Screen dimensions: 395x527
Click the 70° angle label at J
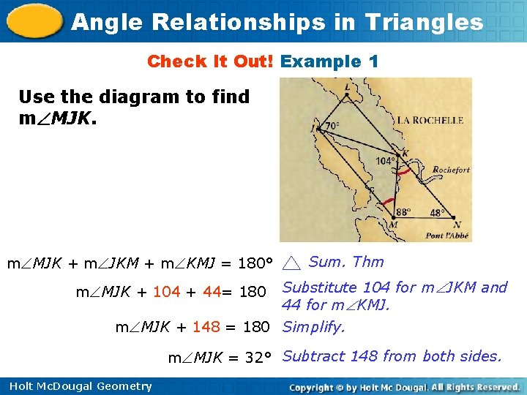tap(332, 126)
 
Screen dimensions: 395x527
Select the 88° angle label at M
tap(403, 213)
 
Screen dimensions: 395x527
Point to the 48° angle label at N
tap(437, 214)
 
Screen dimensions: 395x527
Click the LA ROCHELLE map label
tap(430, 120)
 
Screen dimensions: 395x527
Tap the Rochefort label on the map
tap(451, 170)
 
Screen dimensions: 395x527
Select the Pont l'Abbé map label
tap(445, 236)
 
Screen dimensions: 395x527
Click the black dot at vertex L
tap(346, 93)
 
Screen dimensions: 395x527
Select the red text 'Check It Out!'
tap(210, 61)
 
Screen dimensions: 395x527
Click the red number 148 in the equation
tap(206, 327)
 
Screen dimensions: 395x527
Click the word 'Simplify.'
tap(313, 327)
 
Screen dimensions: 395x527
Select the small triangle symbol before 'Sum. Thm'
tap(291, 263)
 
